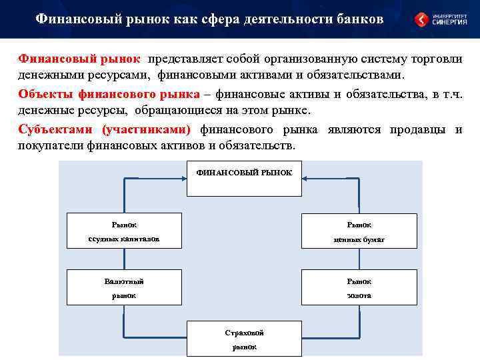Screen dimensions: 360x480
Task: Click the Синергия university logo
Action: (440, 19)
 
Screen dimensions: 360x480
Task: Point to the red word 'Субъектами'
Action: (56, 129)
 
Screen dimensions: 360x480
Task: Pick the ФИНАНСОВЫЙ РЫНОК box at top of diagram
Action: (244, 178)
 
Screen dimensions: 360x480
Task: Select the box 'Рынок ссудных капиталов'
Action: (124, 231)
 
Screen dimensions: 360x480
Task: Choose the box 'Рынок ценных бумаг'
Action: (359, 231)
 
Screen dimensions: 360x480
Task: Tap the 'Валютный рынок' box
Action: (124, 287)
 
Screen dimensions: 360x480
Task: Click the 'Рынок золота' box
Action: (359, 287)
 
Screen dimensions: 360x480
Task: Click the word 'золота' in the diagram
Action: (359, 295)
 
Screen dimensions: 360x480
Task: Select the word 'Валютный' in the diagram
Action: (124, 281)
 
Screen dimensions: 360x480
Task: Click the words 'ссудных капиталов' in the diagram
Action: (124, 239)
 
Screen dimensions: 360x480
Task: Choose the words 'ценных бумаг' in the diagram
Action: (359, 239)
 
